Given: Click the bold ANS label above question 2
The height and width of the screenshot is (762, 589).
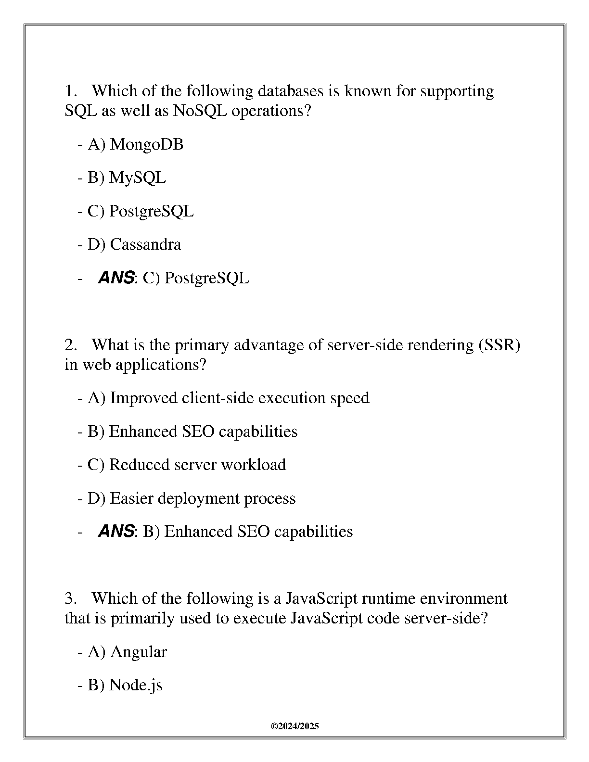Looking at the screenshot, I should pyautogui.click(x=116, y=278).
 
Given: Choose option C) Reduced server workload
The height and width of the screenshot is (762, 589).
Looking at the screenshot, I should pyautogui.click(x=187, y=465).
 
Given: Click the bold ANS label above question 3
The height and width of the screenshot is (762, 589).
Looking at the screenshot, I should pyautogui.click(x=116, y=532).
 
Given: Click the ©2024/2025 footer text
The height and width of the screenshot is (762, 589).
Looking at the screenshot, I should pyautogui.click(x=294, y=726).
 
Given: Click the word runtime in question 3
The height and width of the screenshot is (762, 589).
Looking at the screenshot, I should pyautogui.click(x=388, y=598).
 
